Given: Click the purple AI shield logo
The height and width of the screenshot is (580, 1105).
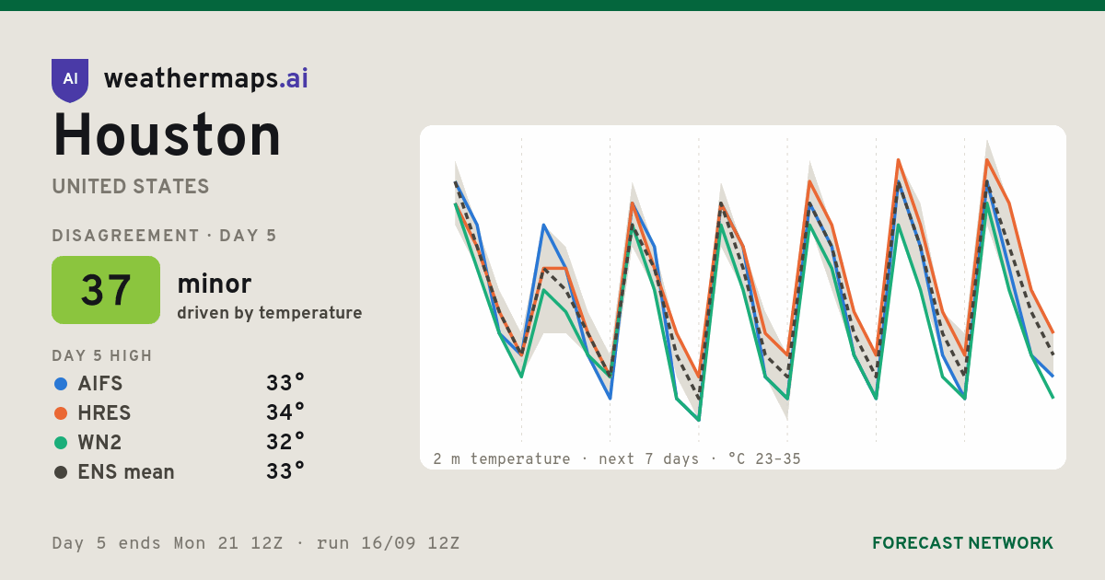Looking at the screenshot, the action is click(x=70, y=80).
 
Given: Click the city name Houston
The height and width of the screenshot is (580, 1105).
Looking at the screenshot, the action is click(x=167, y=135).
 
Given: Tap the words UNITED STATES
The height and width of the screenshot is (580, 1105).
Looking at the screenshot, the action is click(x=131, y=186).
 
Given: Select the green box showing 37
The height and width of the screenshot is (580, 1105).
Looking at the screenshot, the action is click(x=106, y=290).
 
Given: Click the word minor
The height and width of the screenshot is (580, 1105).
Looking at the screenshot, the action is click(x=214, y=284).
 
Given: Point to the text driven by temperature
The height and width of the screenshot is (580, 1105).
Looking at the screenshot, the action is click(x=269, y=313).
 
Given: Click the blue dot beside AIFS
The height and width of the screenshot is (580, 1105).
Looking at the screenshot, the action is click(x=61, y=384).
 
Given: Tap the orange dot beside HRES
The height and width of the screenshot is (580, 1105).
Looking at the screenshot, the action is click(x=61, y=413).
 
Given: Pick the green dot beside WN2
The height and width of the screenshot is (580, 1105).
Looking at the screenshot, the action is click(x=61, y=443).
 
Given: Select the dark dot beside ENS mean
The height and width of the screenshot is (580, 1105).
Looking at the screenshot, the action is click(x=61, y=472).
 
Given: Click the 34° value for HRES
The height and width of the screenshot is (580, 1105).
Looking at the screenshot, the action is click(x=285, y=412).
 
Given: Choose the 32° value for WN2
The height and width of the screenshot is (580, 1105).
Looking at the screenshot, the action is click(x=285, y=441).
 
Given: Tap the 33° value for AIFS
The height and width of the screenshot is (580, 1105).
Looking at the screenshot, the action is click(x=285, y=383).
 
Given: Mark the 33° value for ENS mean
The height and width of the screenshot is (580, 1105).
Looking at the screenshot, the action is click(x=285, y=471).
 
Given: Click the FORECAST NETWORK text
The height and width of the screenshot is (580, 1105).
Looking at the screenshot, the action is click(x=962, y=543).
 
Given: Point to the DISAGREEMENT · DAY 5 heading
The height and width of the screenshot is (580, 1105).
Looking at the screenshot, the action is click(x=164, y=236).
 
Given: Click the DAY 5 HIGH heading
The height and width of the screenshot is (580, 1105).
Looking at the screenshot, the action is click(x=102, y=355).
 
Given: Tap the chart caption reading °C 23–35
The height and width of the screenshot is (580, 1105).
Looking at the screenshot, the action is click(x=764, y=459).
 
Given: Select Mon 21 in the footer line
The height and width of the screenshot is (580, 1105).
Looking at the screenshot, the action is click(x=206, y=543).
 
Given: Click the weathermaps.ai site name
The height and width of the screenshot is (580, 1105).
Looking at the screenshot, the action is click(x=205, y=79).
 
